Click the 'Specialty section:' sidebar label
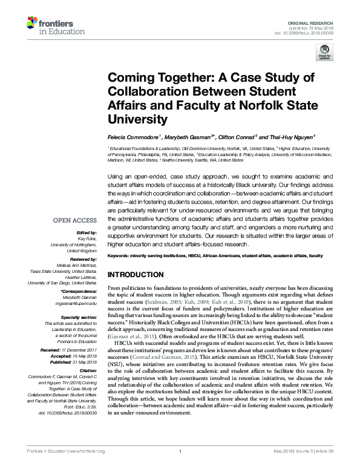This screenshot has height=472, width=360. (x=79, y=316)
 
